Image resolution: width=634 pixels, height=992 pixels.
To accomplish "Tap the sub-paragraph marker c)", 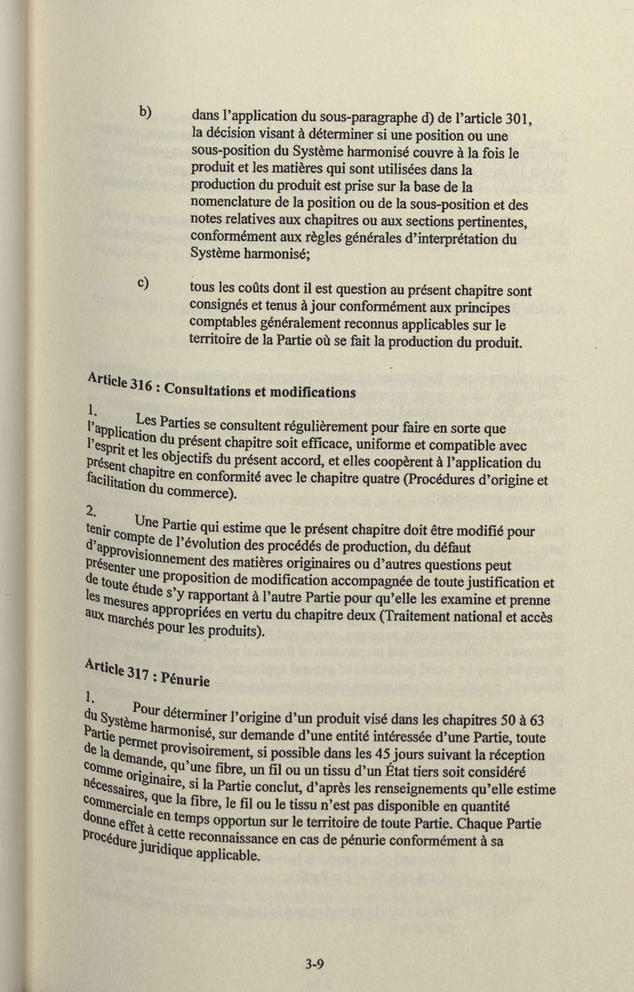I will click(143, 284).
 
